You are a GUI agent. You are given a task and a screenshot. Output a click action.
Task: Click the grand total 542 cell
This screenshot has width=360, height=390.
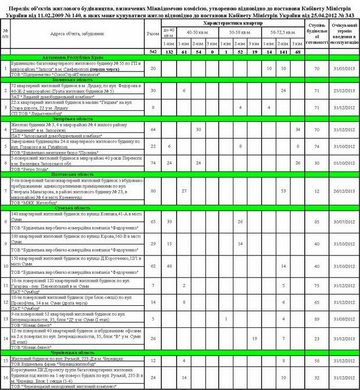(x=153, y=52)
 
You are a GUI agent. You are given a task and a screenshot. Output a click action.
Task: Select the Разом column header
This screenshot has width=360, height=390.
(x=153, y=34)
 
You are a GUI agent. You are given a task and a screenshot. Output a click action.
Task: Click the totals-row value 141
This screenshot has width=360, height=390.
(x=283, y=52)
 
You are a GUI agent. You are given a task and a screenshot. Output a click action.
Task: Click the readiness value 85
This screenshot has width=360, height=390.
(x=317, y=222)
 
